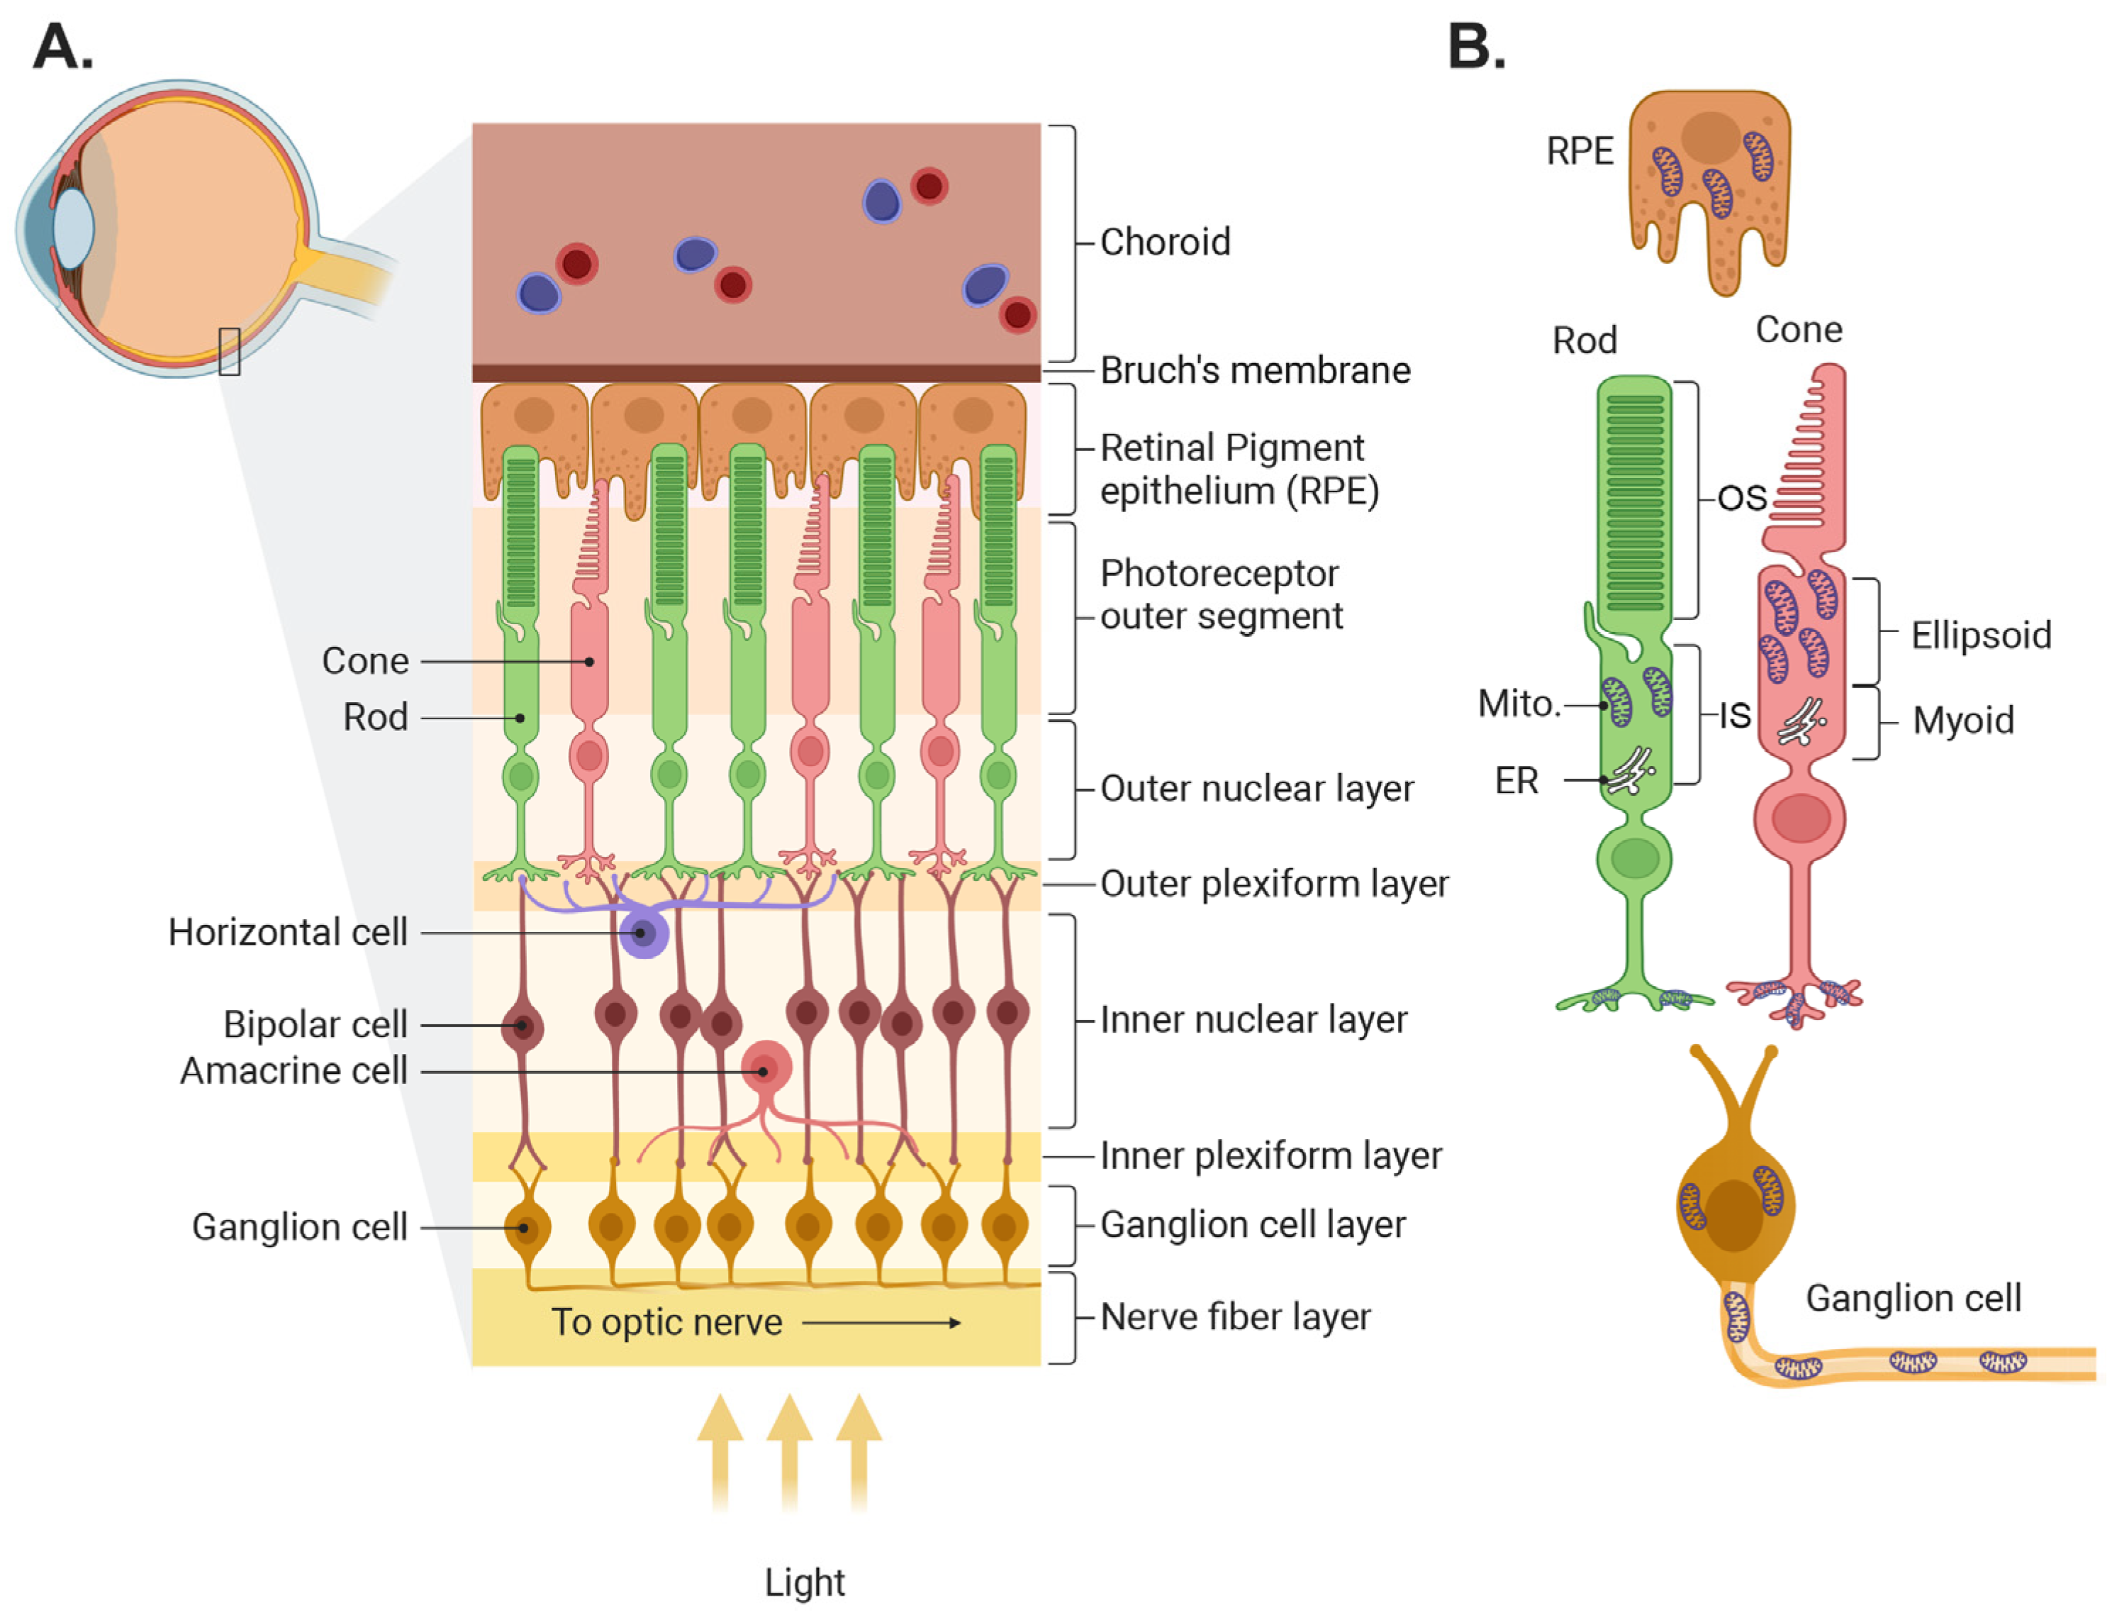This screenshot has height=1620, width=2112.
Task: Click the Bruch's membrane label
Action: tap(1254, 370)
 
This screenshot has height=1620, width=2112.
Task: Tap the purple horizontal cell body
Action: tap(643, 933)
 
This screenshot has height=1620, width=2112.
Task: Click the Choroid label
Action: tap(1164, 242)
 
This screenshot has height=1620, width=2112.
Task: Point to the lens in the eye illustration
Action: tap(72, 228)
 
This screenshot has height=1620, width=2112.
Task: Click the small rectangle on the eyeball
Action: tap(230, 351)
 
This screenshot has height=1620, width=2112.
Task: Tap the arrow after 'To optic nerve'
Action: tap(881, 1323)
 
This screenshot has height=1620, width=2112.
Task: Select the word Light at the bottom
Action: tap(804, 1582)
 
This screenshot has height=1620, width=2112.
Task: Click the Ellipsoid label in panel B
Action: tap(1980, 636)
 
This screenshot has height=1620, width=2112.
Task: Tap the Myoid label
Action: tap(1962, 721)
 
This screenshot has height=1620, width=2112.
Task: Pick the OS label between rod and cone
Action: tap(1741, 499)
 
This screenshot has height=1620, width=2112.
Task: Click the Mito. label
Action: tap(1518, 704)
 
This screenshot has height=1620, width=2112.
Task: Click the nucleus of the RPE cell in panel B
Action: tap(1710, 137)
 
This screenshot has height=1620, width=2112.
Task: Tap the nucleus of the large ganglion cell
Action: tap(1732, 1215)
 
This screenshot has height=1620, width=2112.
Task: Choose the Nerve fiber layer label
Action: tap(1235, 1317)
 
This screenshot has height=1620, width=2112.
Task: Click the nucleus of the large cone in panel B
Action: tap(1799, 819)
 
